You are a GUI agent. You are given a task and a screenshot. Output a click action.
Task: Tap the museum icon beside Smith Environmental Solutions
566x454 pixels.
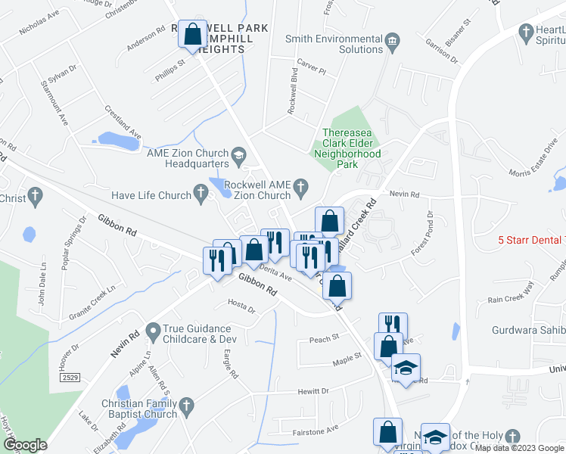(392, 39)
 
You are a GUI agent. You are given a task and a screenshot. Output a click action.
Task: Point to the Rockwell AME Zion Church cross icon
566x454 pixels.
(300, 186)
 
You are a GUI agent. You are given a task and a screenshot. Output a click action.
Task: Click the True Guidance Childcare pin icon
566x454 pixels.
(153, 331)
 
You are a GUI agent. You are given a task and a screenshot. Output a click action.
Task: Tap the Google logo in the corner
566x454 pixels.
(24, 445)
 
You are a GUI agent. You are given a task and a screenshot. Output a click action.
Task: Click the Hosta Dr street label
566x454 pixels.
(241, 307)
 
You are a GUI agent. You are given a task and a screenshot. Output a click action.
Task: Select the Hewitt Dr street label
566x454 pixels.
(313, 391)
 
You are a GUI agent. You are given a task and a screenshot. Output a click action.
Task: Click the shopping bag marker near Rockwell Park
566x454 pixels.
(193, 34)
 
